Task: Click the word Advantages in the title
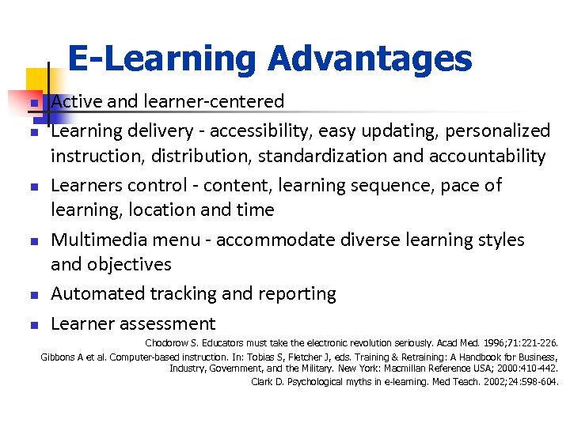pyautogui.click(x=370, y=59)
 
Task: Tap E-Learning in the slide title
pyautogui.click(x=163, y=59)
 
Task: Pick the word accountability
pyautogui.click(x=487, y=157)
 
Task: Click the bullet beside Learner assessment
pyautogui.click(x=34, y=325)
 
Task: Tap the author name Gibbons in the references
pyautogui.click(x=58, y=357)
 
